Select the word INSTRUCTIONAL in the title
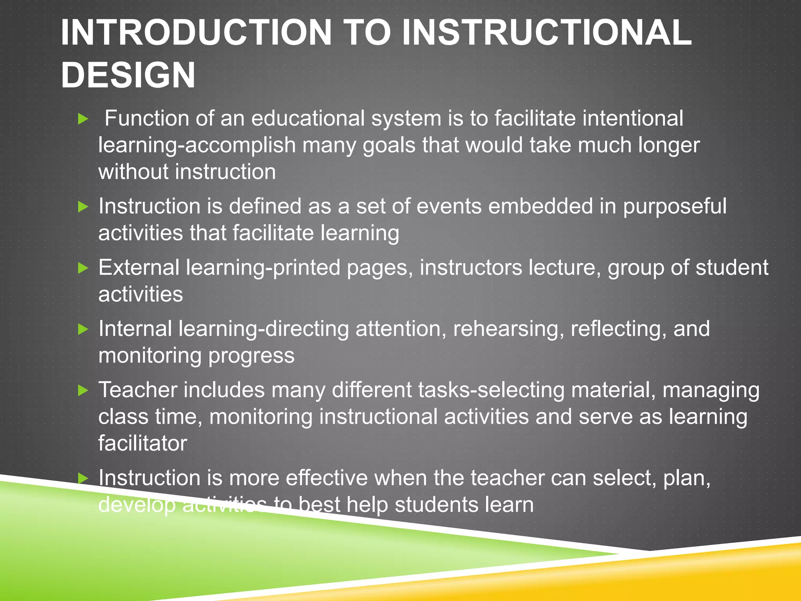tap(546, 32)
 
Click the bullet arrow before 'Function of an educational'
tap(83, 119)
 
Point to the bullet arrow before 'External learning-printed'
tap(83, 268)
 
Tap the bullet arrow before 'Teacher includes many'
tap(83, 390)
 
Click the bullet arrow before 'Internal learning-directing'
tap(83, 329)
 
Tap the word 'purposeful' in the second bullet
tap(674, 207)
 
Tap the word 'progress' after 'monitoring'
tap(251, 356)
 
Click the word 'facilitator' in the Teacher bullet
tap(142, 443)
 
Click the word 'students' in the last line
tap(436, 505)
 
